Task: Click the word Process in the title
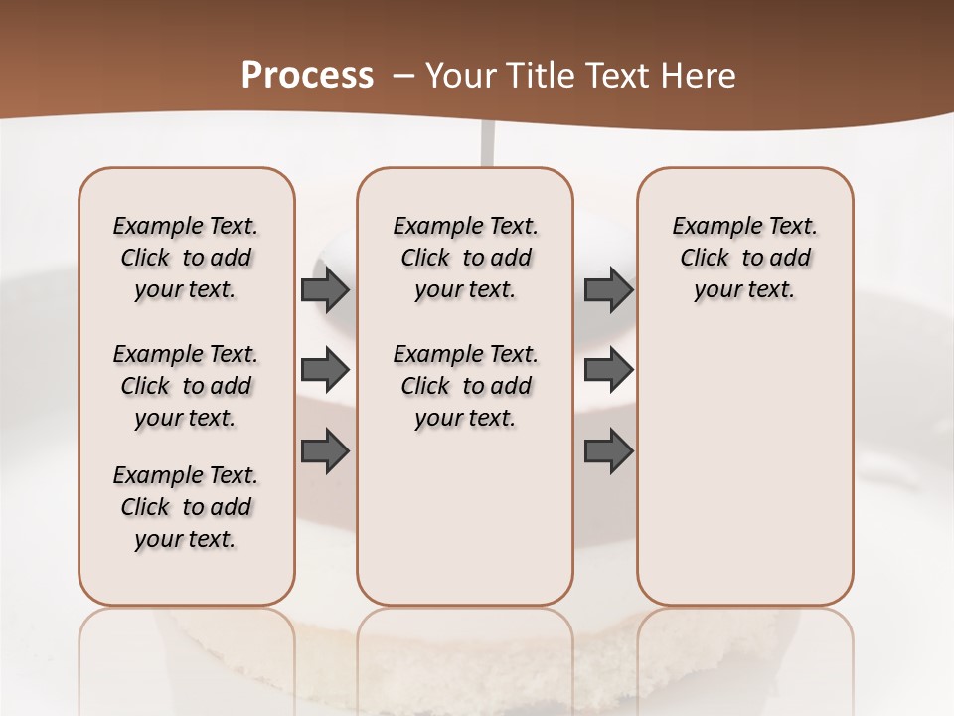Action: pos(307,76)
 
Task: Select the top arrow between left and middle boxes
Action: pos(325,290)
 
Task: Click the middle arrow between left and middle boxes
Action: pos(325,371)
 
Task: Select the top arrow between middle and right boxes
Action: pos(608,290)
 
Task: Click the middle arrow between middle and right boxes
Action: pos(608,371)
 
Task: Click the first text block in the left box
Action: pos(186,258)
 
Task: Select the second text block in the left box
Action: pos(186,386)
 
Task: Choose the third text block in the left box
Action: pos(186,507)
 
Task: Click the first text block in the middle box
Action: pos(465,258)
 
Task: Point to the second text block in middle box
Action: pos(465,386)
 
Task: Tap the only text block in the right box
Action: pos(744,258)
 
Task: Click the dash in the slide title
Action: pos(403,77)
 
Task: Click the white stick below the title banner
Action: pos(487,144)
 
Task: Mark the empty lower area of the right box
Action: pos(744,467)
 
